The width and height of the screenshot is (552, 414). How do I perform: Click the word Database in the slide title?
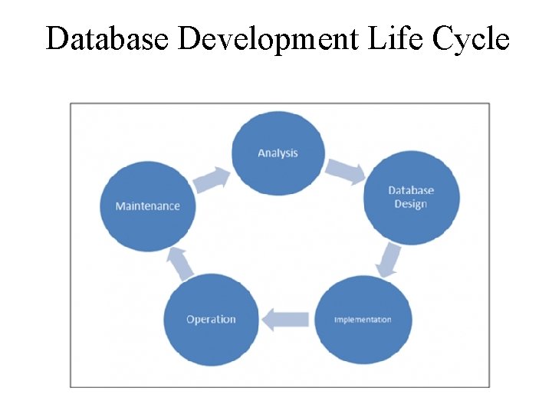click(x=108, y=38)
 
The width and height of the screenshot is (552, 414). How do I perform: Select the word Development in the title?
click(x=267, y=38)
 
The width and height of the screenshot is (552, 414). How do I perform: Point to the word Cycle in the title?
click(x=472, y=38)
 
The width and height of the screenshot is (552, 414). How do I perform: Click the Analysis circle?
click(x=278, y=153)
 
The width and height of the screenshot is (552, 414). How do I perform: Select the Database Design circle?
click(x=411, y=198)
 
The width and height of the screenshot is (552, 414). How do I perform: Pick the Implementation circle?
click(x=363, y=320)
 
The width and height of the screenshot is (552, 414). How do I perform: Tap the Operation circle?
click(x=211, y=320)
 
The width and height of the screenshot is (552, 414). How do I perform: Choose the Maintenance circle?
click(x=147, y=206)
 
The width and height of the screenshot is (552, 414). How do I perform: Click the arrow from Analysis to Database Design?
click(x=347, y=171)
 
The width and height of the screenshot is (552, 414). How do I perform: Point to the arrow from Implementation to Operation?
click(x=285, y=318)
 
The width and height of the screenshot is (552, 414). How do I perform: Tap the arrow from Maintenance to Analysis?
click(x=212, y=179)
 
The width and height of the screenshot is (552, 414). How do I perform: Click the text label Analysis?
click(x=278, y=153)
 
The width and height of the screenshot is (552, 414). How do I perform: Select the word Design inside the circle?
click(x=410, y=204)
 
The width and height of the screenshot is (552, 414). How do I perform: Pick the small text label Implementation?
click(x=363, y=320)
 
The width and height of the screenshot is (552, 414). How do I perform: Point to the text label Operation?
click(x=211, y=320)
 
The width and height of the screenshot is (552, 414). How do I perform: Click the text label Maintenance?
click(x=147, y=206)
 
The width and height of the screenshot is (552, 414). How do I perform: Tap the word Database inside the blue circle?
click(x=411, y=190)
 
